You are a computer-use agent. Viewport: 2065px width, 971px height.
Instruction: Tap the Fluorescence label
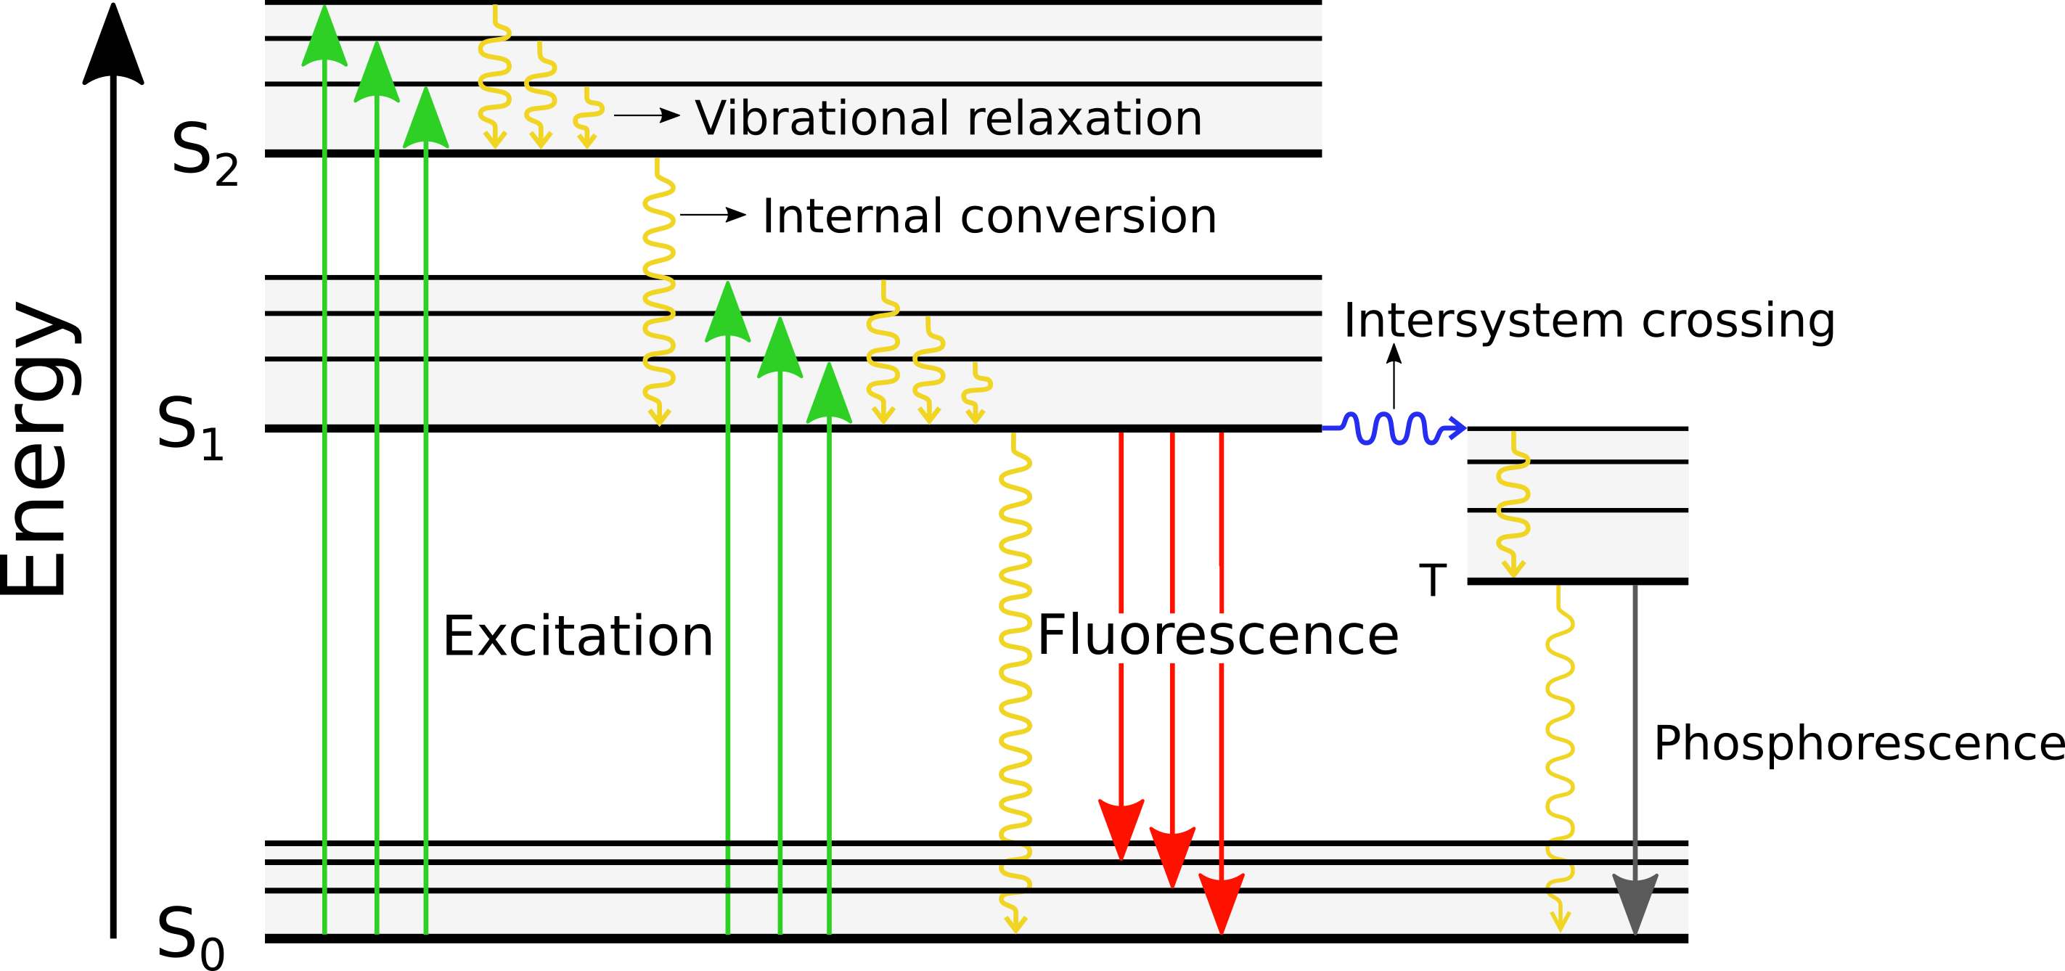tap(1217, 636)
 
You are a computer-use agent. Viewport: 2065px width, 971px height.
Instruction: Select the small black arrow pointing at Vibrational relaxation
tap(646, 115)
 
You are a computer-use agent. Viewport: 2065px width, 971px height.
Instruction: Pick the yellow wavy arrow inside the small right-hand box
tap(1513, 505)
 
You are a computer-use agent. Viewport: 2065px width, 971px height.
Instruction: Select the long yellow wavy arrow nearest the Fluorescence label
tap(1015, 681)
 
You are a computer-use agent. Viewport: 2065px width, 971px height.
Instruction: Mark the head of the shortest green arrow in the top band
tap(425, 120)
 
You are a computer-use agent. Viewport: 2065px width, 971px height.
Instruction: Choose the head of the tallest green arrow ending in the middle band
tap(727, 314)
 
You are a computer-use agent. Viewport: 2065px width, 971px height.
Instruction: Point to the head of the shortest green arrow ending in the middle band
tap(829, 396)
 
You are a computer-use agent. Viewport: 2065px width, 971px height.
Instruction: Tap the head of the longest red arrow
tap(1221, 901)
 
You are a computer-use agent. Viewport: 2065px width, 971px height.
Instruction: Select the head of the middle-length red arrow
tap(1172, 855)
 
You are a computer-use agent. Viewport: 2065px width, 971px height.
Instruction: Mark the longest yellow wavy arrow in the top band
tap(494, 76)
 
